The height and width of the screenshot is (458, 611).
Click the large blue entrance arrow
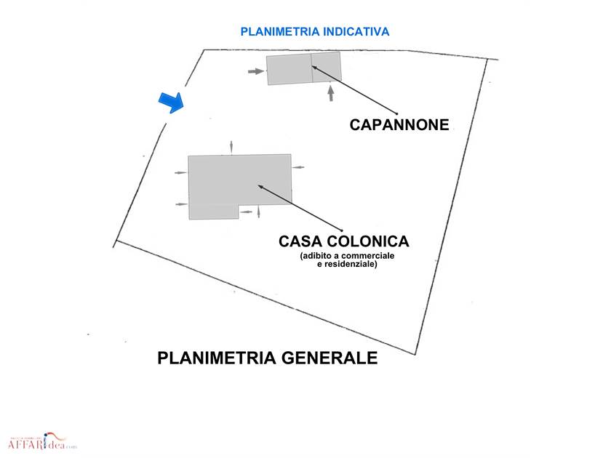(172, 103)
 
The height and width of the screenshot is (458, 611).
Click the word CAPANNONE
(399, 124)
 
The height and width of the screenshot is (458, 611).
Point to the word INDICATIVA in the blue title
(356, 31)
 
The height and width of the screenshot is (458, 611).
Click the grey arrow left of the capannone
(255, 71)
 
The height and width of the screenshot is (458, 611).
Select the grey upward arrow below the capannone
(331, 94)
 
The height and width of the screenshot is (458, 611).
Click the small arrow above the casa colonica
(232, 147)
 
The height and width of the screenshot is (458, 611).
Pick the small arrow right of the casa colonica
(298, 167)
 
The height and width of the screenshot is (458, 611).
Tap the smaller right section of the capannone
(327, 66)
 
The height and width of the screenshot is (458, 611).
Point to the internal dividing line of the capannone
(312, 68)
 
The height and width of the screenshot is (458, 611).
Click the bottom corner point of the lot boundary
(415, 355)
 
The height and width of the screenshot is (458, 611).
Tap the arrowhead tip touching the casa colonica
(259, 186)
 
